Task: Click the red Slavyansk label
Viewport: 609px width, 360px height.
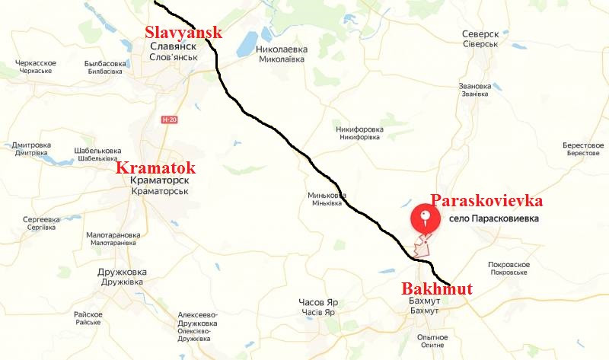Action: [x=183, y=32]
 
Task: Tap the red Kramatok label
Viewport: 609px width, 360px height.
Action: [x=155, y=168]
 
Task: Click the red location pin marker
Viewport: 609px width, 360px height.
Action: [x=426, y=219]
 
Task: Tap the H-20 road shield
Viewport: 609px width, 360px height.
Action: [x=169, y=119]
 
